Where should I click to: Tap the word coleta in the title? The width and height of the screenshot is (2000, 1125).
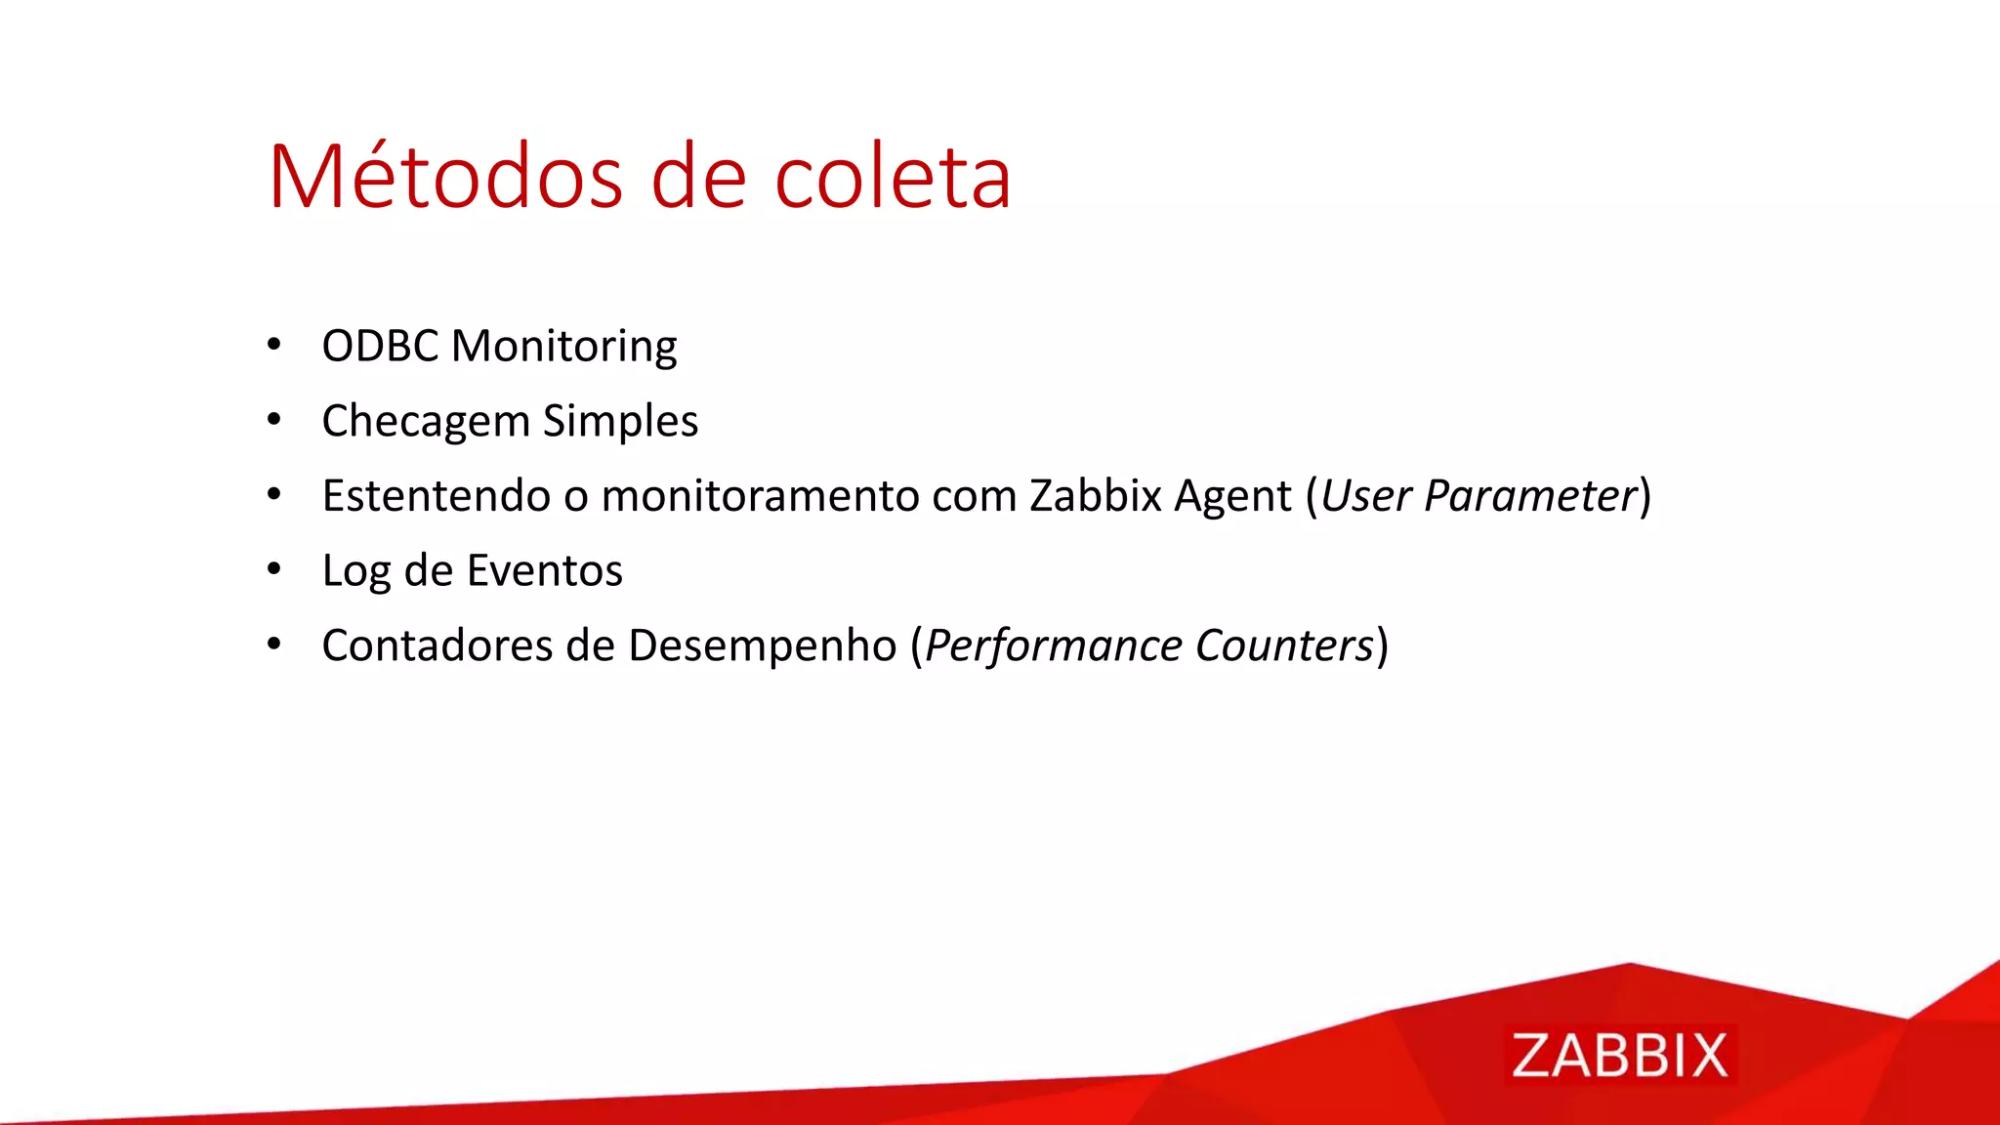[x=893, y=177]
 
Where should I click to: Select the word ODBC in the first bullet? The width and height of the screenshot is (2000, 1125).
[x=380, y=346]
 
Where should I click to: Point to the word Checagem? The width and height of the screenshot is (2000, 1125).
[x=426, y=422]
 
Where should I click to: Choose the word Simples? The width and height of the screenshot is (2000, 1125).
[x=620, y=422]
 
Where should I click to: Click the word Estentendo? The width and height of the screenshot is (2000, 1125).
[x=437, y=495]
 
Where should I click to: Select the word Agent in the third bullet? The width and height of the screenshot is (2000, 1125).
[x=1232, y=497]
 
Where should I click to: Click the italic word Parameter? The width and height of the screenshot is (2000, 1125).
[x=1529, y=495]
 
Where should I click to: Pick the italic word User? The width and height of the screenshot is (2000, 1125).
[x=1365, y=495]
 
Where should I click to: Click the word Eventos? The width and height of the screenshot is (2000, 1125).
[x=544, y=570]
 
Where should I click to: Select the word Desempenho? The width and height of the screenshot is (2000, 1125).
[x=762, y=646]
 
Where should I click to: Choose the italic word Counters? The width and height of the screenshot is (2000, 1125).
[x=1284, y=646]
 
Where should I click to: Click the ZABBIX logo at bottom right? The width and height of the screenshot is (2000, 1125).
[x=1619, y=1055]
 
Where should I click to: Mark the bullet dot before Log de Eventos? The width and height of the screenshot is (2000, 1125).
[x=274, y=568]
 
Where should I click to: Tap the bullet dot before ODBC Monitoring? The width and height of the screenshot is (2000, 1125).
[x=274, y=344]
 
